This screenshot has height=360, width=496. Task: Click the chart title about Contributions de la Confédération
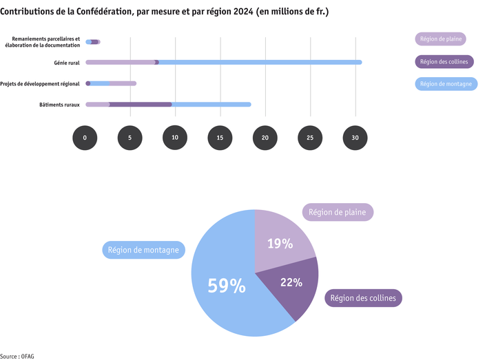[164, 12]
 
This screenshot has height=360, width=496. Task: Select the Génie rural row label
[67, 63]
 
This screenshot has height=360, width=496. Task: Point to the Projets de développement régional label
[41, 84]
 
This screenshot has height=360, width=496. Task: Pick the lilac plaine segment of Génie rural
[121, 63]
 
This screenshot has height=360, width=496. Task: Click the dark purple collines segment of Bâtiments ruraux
[141, 105]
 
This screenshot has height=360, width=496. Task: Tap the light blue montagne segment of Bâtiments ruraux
[211, 105]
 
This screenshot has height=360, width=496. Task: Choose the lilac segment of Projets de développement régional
[123, 84]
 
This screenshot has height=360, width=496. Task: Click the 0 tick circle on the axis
[85, 138]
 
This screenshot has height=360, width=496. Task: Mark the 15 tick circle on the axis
[220, 138]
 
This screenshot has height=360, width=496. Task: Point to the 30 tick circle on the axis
[355, 138]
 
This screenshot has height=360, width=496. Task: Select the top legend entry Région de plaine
[440, 39]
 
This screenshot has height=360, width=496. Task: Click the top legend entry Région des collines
[444, 62]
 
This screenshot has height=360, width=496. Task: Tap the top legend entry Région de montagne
[446, 84]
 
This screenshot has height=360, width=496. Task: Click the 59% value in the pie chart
[227, 286]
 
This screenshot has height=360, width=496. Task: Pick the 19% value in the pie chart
[280, 244]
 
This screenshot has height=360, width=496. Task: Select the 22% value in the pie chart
[291, 282]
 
